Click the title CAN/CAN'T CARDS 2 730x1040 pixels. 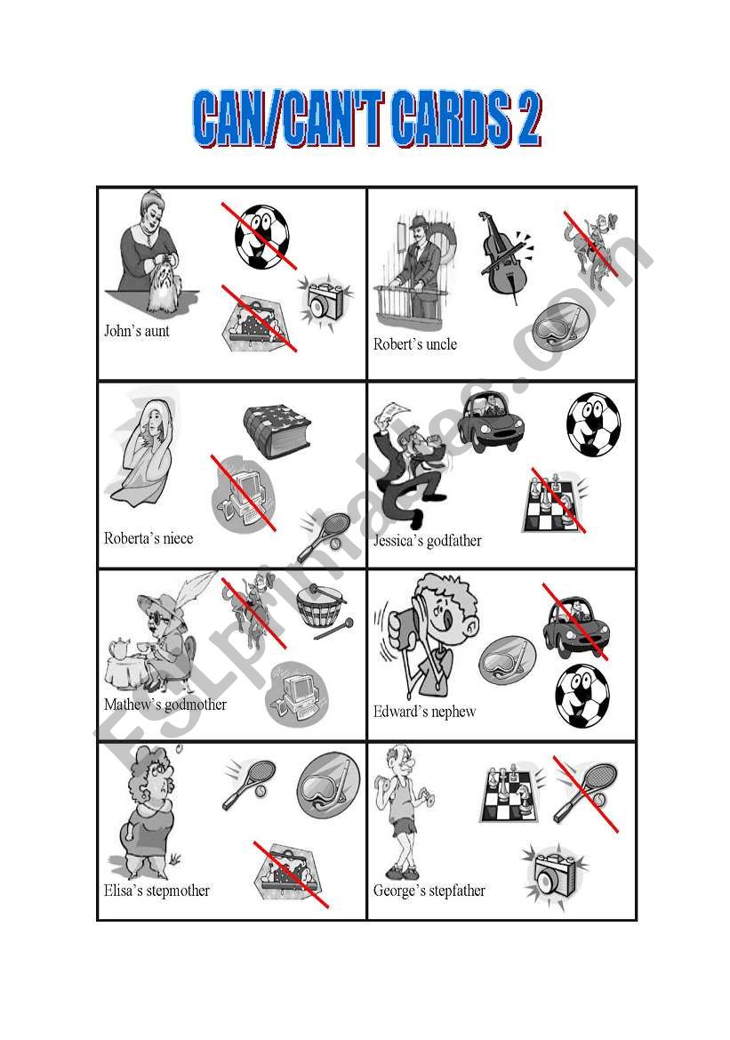tap(367, 119)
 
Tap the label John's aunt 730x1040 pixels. tap(137, 331)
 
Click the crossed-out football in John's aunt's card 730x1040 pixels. tap(261, 237)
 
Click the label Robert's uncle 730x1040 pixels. tap(415, 344)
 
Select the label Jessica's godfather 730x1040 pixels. tap(428, 541)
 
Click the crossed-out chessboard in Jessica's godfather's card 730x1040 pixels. tap(556, 503)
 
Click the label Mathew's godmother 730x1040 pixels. tap(165, 705)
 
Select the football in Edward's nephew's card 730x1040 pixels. tap(582, 695)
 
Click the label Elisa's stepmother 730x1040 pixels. tap(156, 891)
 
